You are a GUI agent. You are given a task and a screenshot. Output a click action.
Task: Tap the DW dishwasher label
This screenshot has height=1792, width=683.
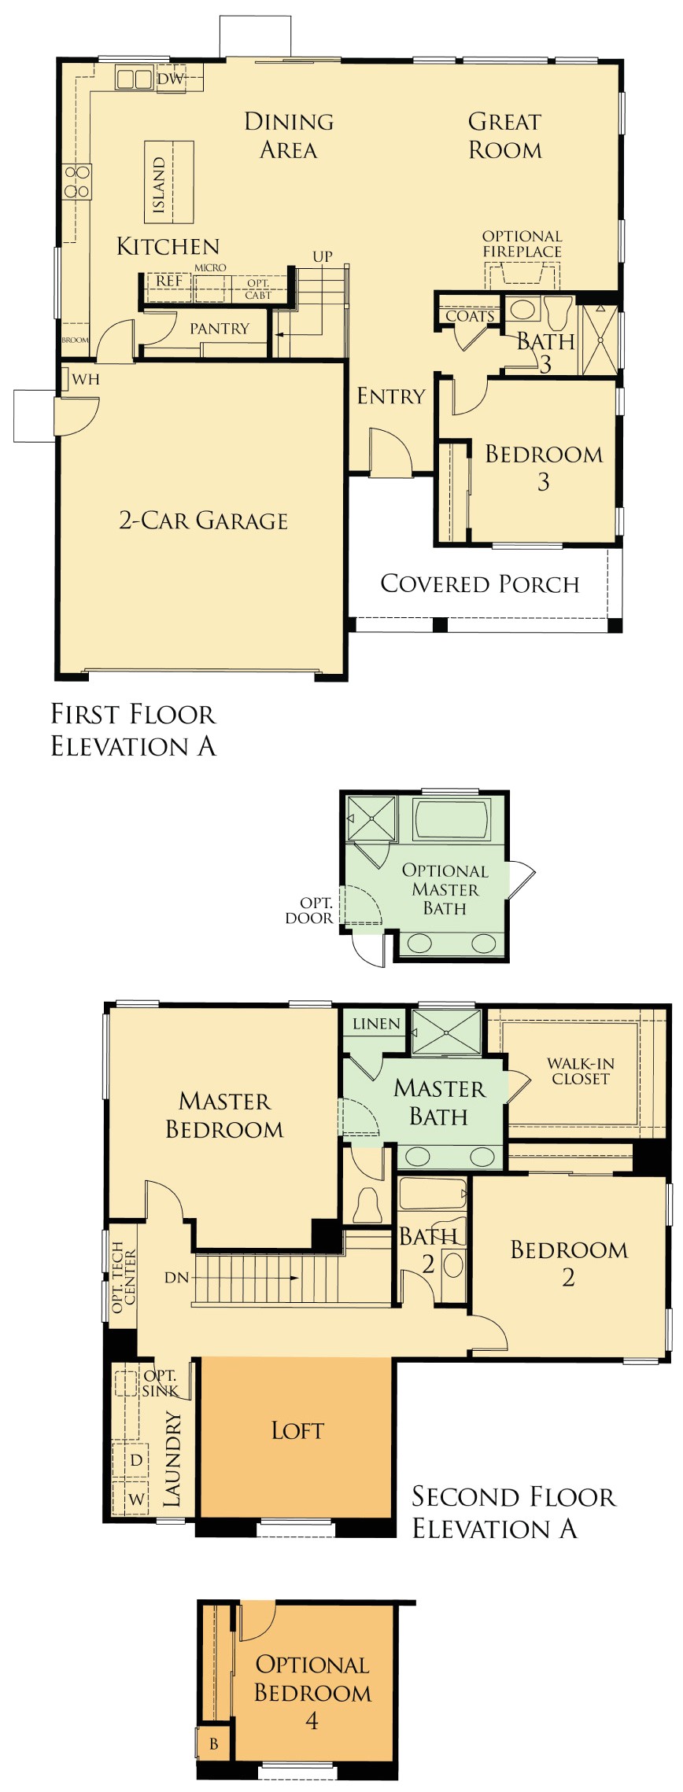click(170, 79)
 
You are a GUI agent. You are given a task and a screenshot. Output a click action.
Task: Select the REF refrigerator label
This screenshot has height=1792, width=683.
click(169, 281)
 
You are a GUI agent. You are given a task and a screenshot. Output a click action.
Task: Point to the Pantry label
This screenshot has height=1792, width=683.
click(220, 329)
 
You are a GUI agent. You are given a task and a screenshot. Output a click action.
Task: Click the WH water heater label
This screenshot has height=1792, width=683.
click(86, 380)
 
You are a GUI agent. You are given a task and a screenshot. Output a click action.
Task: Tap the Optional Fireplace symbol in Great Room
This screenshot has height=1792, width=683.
click(522, 275)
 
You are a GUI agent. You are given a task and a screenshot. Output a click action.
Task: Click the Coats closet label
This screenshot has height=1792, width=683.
click(470, 316)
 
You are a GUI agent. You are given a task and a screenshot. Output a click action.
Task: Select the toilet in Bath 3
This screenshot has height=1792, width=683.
click(559, 313)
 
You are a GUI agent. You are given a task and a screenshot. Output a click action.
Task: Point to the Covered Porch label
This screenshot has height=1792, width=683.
click(479, 583)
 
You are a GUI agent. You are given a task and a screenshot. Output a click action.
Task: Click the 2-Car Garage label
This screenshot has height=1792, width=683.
click(203, 521)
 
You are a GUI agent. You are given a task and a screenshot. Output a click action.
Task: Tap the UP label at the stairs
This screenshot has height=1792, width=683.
click(323, 256)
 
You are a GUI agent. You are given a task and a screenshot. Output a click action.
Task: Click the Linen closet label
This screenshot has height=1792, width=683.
click(376, 1024)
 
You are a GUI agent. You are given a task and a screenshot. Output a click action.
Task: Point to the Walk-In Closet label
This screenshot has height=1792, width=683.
click(580, 1071)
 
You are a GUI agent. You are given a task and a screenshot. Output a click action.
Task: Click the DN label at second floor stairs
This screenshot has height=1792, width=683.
click(176, 1278)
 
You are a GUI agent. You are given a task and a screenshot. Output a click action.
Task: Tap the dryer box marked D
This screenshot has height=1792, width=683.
click(136, 1460)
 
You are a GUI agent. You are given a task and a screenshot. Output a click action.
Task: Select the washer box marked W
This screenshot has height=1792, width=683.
click(136, 1499)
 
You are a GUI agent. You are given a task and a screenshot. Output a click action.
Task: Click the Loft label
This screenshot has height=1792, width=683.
click(297, 1430)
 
